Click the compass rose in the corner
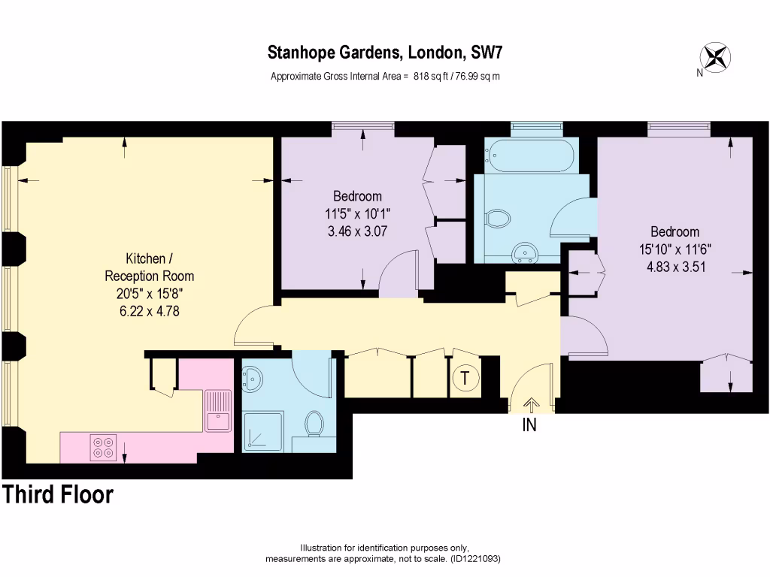(x=716, y=57)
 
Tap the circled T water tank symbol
(x=465, y=379)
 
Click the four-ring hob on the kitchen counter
(x=103, y=448)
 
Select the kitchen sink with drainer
(x=217, y=411)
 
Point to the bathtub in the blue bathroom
(x=529, y=155)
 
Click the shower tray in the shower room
(x=263, y=430)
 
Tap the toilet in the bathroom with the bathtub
(x=498, y=218)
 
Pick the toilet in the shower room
(x=314, y=423)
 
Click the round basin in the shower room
(x=253, y=379)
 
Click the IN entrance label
(x=529, y=425)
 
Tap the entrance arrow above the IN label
(x=532, y=404)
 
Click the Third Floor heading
(x=58, y=494)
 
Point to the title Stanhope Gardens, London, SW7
(x=385, y=53)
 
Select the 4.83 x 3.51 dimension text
(x=676, y=267)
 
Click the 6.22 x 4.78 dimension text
(x=150, y=311)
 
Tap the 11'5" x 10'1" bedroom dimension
(x=357, y=214)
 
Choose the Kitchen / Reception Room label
(x=150, y=267)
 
